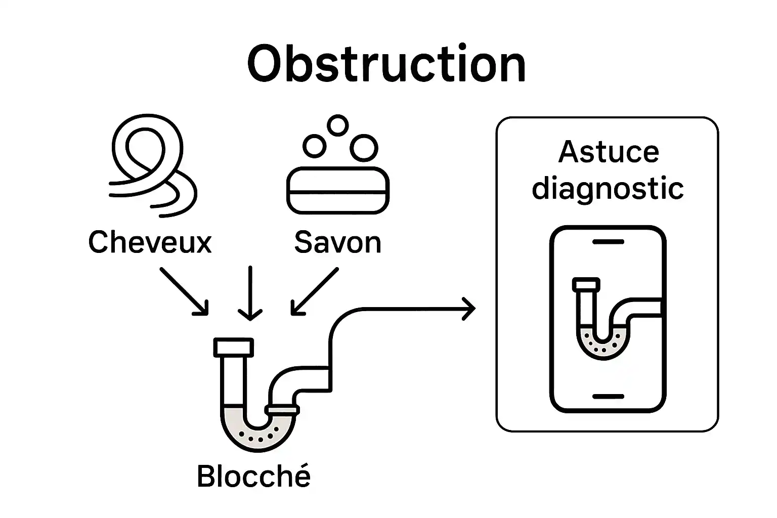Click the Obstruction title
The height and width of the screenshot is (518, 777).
tap(386, 65)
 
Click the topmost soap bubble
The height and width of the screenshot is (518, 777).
tap(337, 125)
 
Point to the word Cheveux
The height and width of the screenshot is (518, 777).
tap(150, 242)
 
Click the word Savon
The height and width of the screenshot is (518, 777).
tap(337, 242)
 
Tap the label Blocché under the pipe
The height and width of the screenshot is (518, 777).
tap(253, 476)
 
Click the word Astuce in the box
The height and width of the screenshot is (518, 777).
tap(609, 152)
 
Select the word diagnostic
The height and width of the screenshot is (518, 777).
tap(608, 189)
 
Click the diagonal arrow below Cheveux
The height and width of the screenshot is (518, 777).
tap(184, 291)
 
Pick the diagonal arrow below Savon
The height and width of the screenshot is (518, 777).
tap(315, 291)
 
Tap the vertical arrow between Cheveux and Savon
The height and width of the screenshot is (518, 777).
tap(250, 293)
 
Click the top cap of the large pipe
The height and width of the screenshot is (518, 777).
tap(234, 347)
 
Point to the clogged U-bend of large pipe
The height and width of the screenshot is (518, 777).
tap(258, 435)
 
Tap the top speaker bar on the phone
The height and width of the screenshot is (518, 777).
tap(608, 242)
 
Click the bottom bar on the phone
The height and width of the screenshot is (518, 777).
tap(608, 396)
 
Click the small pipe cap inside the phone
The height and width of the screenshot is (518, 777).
tap(586, 284)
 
